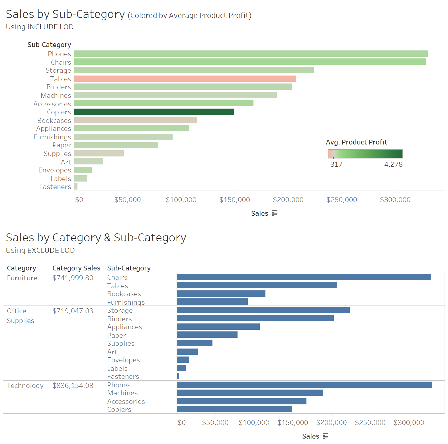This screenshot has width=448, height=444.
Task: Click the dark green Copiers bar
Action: (154, 112)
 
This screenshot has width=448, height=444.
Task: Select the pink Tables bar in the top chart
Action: (185, 79)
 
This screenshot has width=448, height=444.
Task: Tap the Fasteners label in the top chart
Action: (55, 187)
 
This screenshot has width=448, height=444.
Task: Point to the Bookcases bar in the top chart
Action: (136, 120)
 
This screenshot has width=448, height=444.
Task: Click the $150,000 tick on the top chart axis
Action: (234, 200)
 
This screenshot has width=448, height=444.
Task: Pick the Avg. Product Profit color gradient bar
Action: (365, 154)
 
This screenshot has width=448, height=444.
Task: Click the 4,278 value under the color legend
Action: (393, 164)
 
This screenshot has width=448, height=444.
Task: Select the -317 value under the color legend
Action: (335, 164)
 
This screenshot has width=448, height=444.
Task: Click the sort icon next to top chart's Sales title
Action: (275, 213)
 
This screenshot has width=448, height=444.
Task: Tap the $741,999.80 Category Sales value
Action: (73, 278)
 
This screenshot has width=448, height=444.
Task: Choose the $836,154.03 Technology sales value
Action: (73, 386)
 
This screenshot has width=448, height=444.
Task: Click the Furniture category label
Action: (22, 278)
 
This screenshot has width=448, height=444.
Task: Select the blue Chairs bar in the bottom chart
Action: (303, 277)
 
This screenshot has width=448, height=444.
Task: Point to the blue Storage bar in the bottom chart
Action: (263, 310)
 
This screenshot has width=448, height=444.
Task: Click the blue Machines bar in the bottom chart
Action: (249, 393)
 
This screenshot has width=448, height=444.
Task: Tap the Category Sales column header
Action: (76, 268)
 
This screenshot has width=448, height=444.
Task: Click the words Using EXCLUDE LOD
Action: (40, 250)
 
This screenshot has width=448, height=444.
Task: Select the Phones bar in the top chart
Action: (251, 54)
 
